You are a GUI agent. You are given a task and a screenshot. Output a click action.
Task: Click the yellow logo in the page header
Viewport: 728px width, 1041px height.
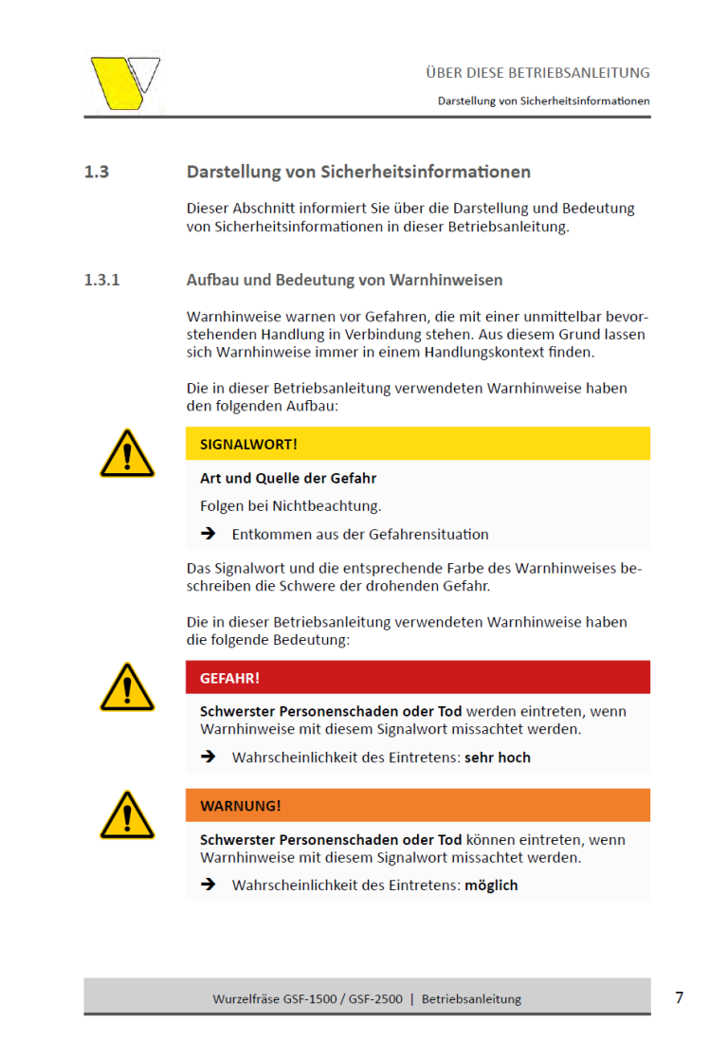tap(124, 83)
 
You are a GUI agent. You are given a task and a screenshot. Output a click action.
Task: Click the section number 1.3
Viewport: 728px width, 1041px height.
tap(97, 173)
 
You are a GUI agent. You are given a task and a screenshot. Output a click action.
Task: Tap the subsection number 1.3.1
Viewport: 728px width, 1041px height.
tap(102, 281)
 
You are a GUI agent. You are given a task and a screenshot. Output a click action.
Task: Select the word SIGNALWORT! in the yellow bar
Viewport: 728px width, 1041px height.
tap(248, 444)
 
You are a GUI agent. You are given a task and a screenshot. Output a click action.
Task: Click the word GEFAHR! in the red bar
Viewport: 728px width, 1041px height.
tap(229, 678)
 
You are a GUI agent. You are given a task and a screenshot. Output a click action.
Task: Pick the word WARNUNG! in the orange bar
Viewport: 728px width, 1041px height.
tap(241, 806)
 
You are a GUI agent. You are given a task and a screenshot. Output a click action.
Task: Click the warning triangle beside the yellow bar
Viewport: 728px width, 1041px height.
tap(127, 454)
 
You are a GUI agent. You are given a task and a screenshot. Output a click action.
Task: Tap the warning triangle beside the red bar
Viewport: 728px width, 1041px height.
tap(127, 688)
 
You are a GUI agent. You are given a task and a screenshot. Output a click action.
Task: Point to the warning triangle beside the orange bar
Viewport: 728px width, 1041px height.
tap(127, 816)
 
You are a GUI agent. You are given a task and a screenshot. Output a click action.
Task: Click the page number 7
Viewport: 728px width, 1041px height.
tap(679, 997)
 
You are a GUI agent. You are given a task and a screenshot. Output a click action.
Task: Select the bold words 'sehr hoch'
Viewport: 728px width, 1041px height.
tap(498, 758)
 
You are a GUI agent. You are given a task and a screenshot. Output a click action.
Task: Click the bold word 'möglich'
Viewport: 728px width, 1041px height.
tap(491, 886)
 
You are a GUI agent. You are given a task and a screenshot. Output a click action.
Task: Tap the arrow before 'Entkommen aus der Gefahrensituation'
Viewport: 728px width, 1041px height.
tap(209, 534)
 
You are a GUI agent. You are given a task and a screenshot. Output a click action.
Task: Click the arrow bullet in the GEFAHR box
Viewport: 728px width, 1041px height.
tap(209, 758)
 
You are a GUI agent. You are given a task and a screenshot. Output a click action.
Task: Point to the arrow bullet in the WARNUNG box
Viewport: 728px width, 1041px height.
tap(209, 886)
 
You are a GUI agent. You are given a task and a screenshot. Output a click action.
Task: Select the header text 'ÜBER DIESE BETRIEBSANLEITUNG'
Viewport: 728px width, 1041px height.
tap(537, 73)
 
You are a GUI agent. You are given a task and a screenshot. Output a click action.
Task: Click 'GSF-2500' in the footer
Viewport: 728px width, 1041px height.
tap(375, 999)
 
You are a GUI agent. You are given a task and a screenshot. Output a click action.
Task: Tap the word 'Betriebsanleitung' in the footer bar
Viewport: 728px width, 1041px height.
tap(471, 999)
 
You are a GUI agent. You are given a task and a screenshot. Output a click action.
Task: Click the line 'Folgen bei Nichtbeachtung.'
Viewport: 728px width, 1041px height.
tap(291, 506)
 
